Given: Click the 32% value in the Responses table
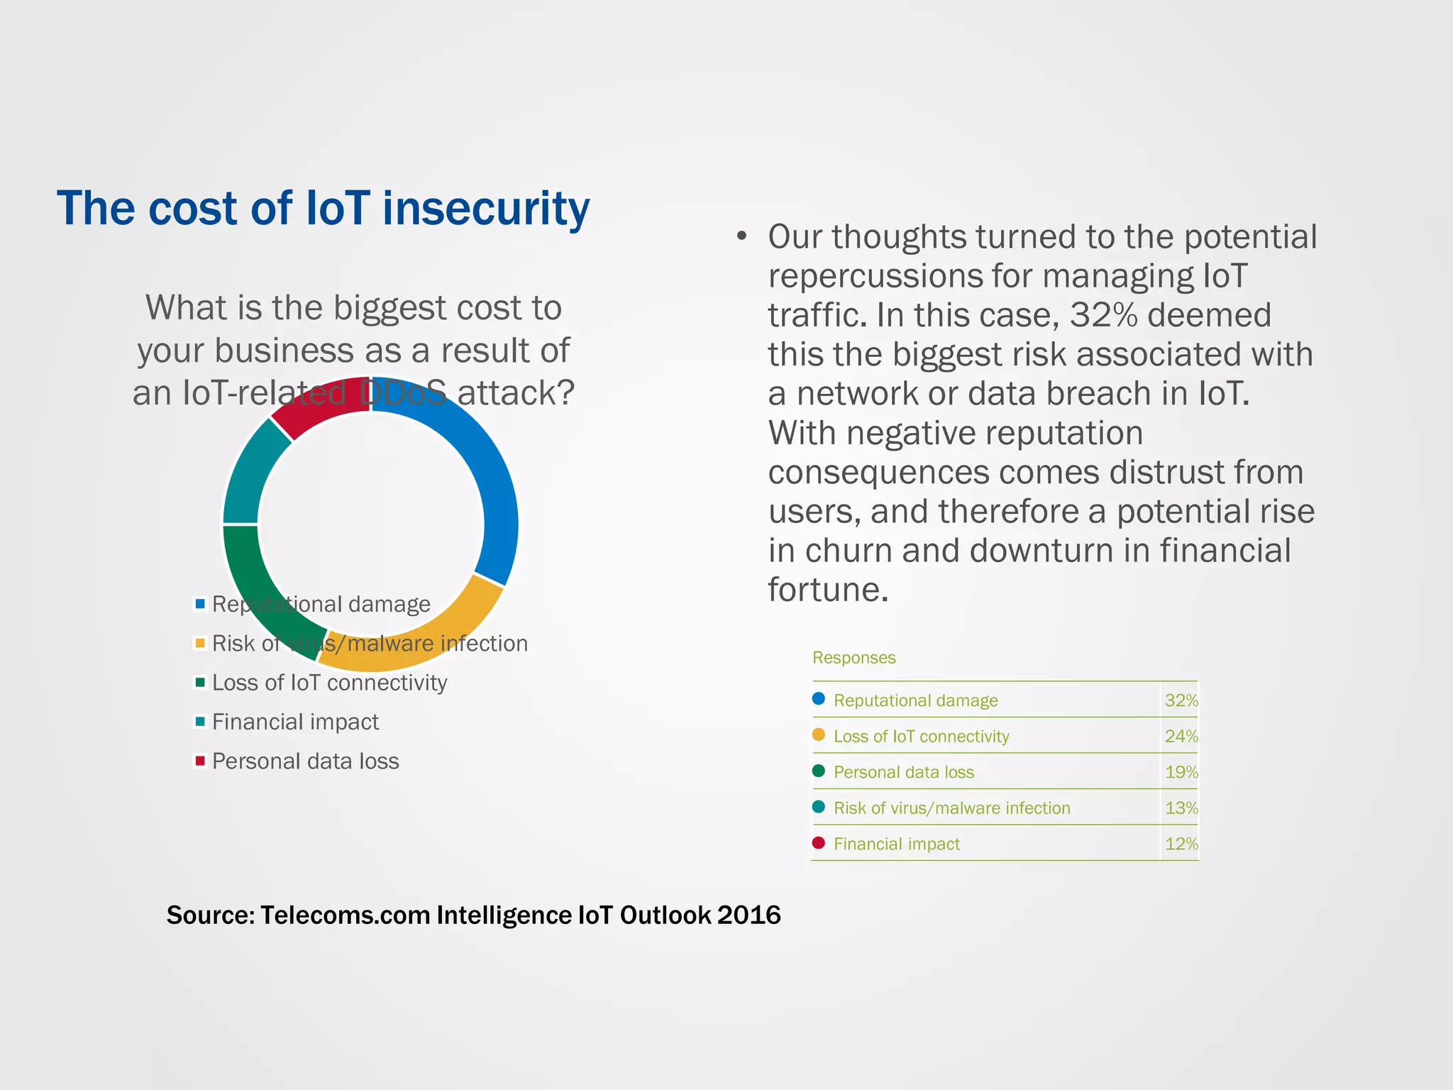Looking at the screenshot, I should tap(1181, 700).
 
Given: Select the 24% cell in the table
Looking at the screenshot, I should tap(1181, 737).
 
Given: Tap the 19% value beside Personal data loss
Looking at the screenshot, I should tap(1181, 772).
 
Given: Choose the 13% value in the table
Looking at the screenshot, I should tap(1181, 808).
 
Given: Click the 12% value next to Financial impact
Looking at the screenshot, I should tap(1181, 844).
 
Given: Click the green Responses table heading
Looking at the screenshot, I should tap(853, 658).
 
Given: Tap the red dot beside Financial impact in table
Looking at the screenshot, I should tap(819, 843).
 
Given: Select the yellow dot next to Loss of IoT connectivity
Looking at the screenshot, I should tap(819, 735).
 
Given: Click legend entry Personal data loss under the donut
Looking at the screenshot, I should tap(305, 761).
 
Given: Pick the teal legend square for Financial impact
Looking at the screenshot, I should tap(200, 722).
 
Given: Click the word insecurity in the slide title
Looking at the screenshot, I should tap(485, 209).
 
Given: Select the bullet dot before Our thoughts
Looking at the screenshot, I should tap(741, 236).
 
